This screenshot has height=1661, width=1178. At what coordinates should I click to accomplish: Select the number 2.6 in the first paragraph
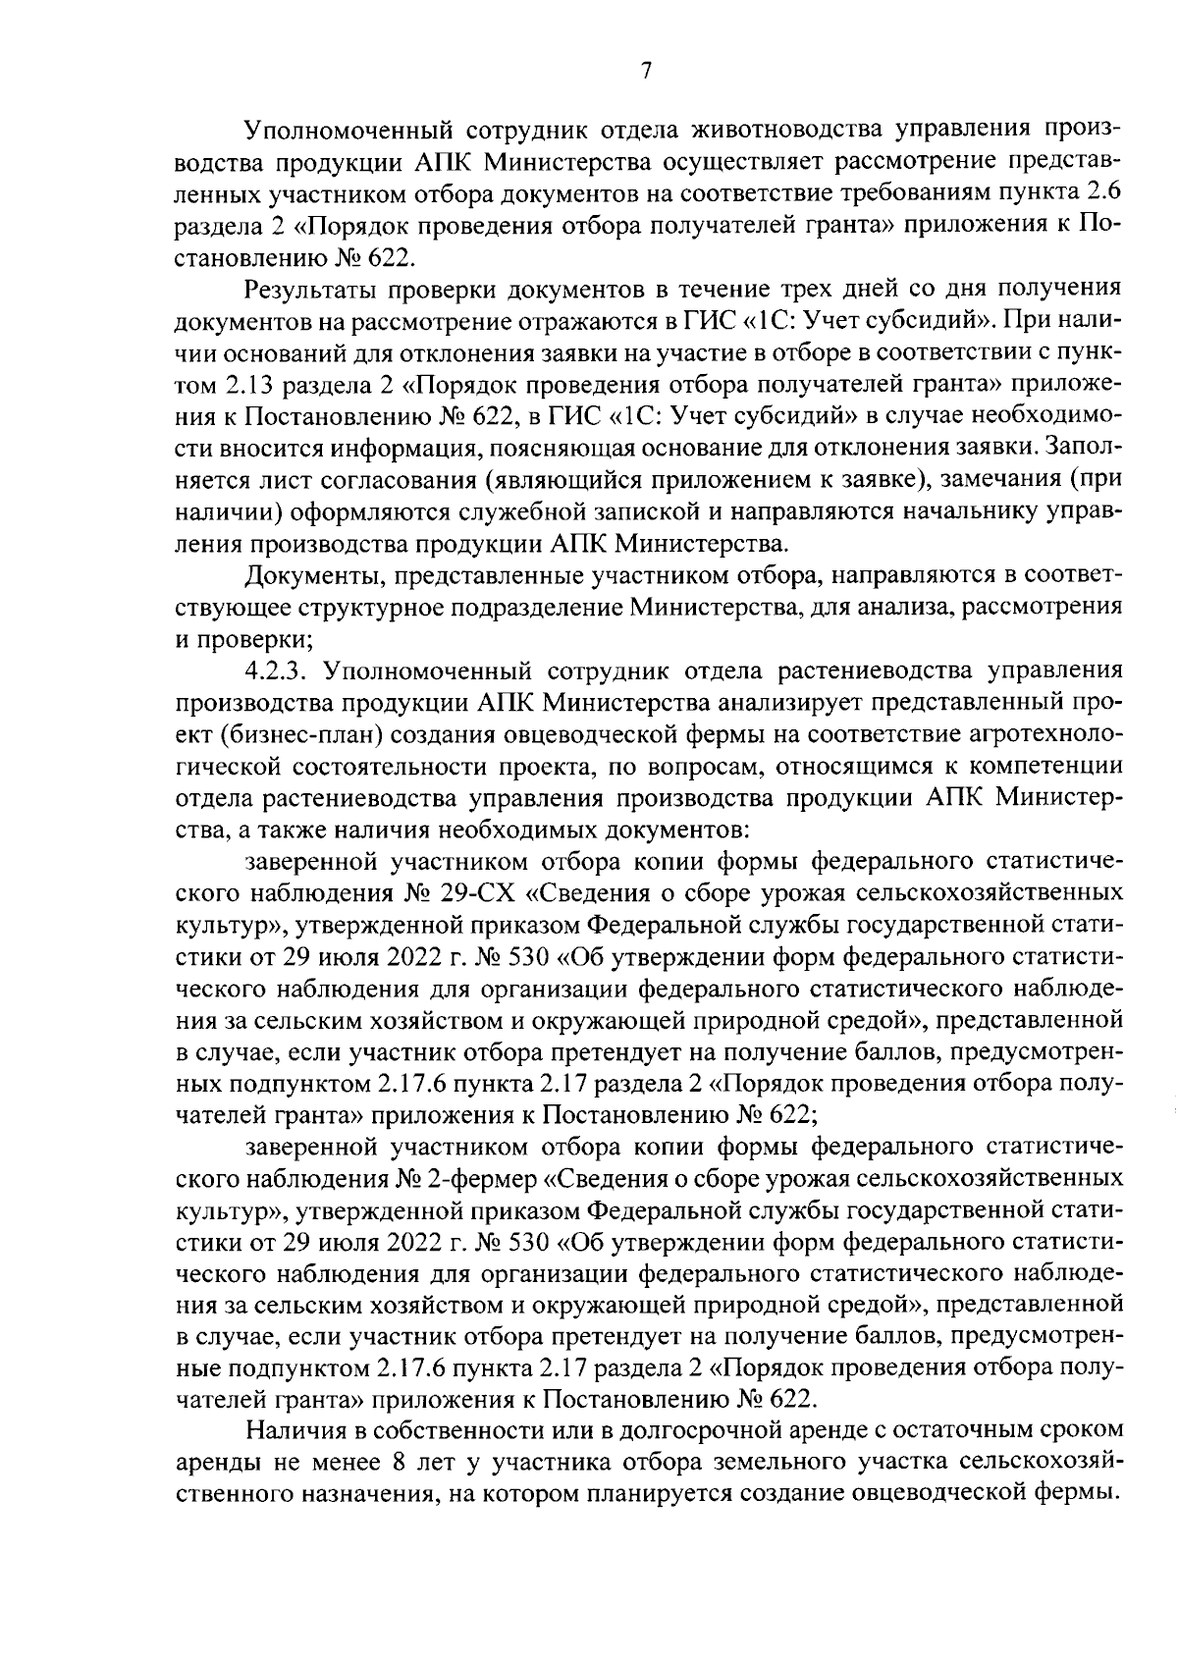pos(1099,193)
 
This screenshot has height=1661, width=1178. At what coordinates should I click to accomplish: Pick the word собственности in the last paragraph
pos(436,1429)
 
